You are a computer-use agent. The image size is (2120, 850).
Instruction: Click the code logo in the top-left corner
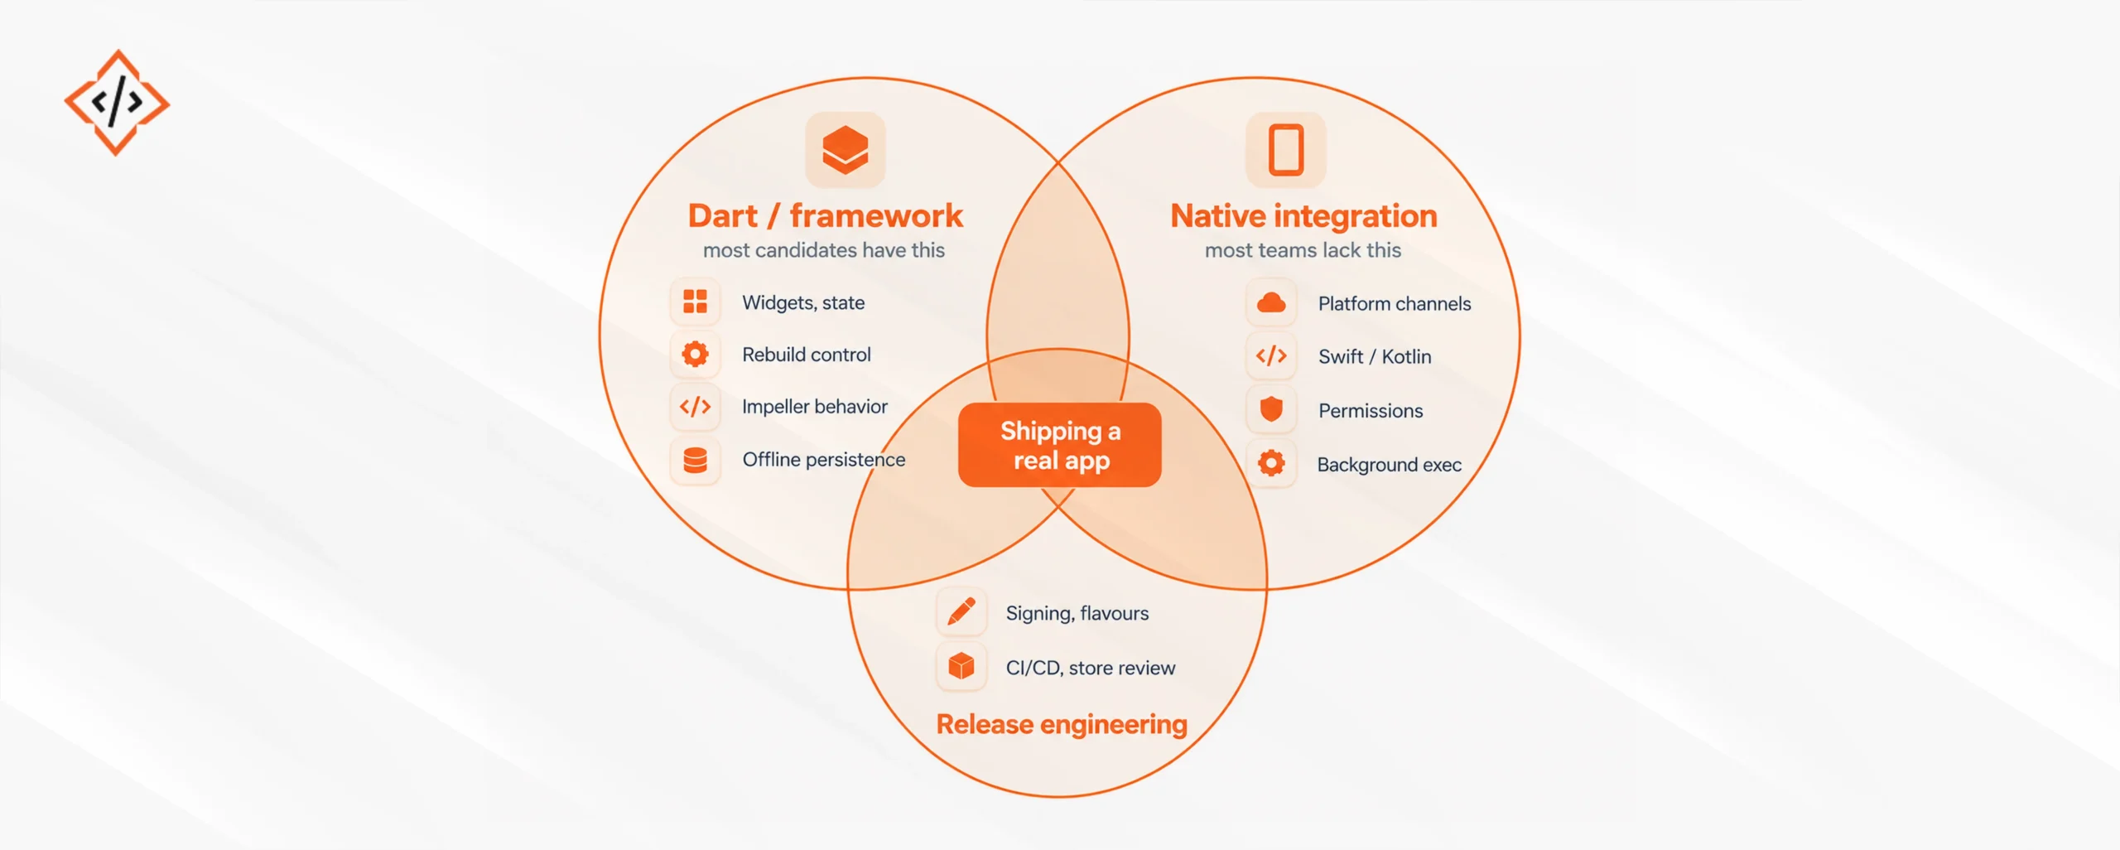(x=117, y=103)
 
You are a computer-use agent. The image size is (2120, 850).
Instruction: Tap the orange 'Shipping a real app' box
(x=1059, y=445)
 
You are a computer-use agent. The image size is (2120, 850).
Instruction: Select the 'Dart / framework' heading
(x=825, y=215)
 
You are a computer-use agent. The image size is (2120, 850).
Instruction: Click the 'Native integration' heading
(x=1303, y=215)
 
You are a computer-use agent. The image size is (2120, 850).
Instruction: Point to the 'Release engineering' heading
(x=1062, y=724)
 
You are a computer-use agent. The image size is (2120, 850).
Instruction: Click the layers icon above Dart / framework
(x=845, y=150)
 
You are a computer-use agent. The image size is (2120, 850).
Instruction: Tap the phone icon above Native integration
(x=1286, y=150)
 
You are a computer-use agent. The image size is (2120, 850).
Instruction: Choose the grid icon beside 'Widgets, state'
(x=695, y=302)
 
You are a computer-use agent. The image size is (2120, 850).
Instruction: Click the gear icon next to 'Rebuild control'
(x=695, y=355)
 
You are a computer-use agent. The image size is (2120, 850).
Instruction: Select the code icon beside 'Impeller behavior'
(x=695, y=407)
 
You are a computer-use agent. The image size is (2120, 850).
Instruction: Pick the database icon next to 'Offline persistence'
(x=695, y=460)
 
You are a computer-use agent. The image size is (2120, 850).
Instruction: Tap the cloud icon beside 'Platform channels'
(x=1271, y=303)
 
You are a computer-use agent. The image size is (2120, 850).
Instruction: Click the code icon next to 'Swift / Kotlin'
(x=1271, y=356)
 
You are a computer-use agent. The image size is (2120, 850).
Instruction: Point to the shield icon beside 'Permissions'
(x=1271, y=409)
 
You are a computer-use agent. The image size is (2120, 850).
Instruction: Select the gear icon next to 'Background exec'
(x=1271, y=463)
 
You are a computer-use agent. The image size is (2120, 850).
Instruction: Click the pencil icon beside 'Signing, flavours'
(x=961, y=612)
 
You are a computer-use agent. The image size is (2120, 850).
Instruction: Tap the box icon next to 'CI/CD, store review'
(x=961, y=666)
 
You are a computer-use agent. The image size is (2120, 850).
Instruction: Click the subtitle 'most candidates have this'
(x=824, y=250)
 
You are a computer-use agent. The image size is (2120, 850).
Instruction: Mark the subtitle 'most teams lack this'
(x=1303, y=250)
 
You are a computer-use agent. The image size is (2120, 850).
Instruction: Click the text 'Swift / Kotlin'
(x=1375, y=356)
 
